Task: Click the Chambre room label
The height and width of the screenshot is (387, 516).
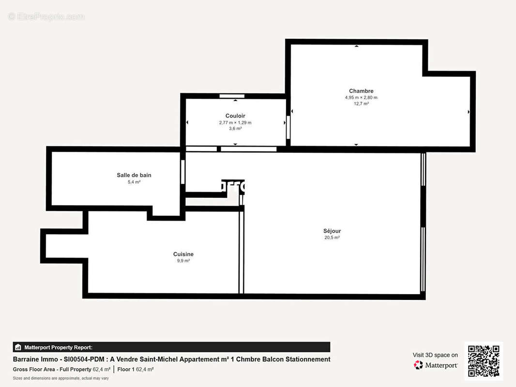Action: (361, 91)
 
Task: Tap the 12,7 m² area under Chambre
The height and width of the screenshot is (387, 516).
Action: (361, 104)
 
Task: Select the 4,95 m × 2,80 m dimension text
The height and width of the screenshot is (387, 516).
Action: (361, 97)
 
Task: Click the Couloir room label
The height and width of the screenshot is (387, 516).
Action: (235, 116)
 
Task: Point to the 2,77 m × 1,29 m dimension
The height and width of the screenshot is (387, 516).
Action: (235, 122)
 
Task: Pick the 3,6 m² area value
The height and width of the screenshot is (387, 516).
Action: (235, 129)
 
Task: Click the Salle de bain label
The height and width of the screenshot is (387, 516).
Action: (134, 175)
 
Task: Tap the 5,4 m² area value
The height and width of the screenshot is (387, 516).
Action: (134, 182)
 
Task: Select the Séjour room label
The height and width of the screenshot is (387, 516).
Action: (332, 231)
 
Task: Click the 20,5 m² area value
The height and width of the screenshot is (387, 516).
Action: (332, 238)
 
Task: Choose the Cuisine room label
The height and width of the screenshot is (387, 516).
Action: (183, 254)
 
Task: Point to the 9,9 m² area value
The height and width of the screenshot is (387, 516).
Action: (183, 261)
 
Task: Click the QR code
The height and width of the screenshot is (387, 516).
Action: (483, 361)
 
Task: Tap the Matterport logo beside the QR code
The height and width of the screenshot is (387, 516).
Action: (436, 365)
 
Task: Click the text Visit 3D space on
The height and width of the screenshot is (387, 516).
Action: (435, 355)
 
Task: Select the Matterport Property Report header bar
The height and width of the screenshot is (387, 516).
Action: (171, 347)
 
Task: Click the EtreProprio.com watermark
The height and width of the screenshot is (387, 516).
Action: (46, 17)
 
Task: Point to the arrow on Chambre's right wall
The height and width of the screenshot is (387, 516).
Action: (469, 112)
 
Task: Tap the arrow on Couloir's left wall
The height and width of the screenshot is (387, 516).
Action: (187, 122)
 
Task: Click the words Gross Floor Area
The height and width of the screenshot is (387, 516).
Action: (34, 369)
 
